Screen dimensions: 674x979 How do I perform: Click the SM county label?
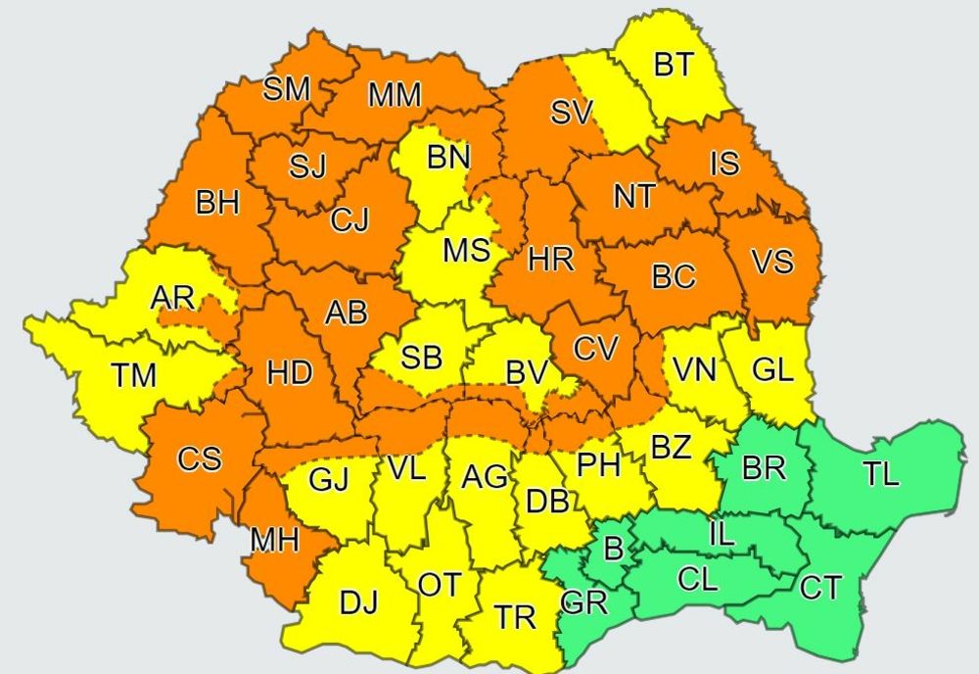point(287,90)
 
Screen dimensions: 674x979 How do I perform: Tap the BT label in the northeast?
point(673,66)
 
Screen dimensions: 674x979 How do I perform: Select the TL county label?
point(882,475)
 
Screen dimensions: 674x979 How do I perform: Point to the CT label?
point(821,588)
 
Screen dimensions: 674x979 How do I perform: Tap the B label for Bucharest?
point(613,549)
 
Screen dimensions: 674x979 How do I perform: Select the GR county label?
point(585,602)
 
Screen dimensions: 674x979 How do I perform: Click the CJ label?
point(350,220)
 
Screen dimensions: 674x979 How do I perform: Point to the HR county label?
point(550,261)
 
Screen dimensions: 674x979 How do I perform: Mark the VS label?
point(772,262)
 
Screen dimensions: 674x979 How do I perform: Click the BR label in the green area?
point(764,468)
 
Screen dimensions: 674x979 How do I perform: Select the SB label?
point(422,358)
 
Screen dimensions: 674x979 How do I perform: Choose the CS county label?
point(199,458)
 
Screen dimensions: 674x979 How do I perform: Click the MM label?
point(395,95)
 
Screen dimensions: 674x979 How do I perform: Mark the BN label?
point(447,157)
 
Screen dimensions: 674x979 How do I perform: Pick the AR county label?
point(172,297)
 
